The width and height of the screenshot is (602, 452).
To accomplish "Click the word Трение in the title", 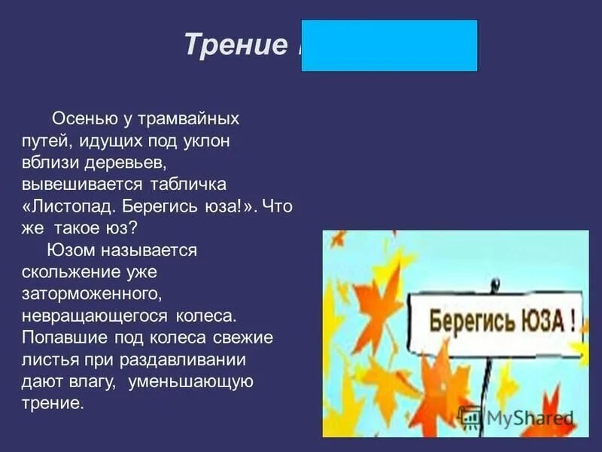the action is [231, 46].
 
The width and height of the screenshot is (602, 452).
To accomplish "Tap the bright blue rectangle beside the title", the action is [389, 46].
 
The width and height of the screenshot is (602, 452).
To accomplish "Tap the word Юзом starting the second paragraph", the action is [68, 250].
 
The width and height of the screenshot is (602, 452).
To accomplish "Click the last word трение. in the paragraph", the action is [50, 403].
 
